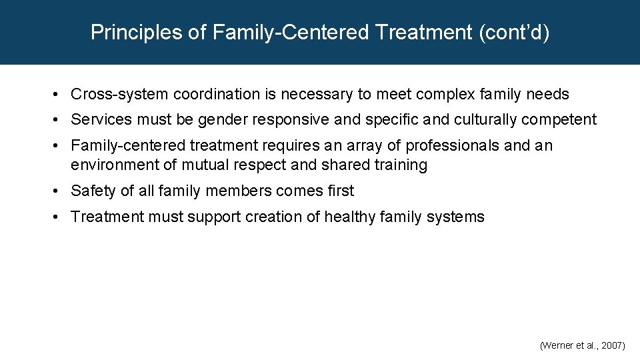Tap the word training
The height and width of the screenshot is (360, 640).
[399, 165]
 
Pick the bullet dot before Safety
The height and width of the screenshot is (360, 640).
[59, 191]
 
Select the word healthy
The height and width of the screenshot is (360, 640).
[351, 217]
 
